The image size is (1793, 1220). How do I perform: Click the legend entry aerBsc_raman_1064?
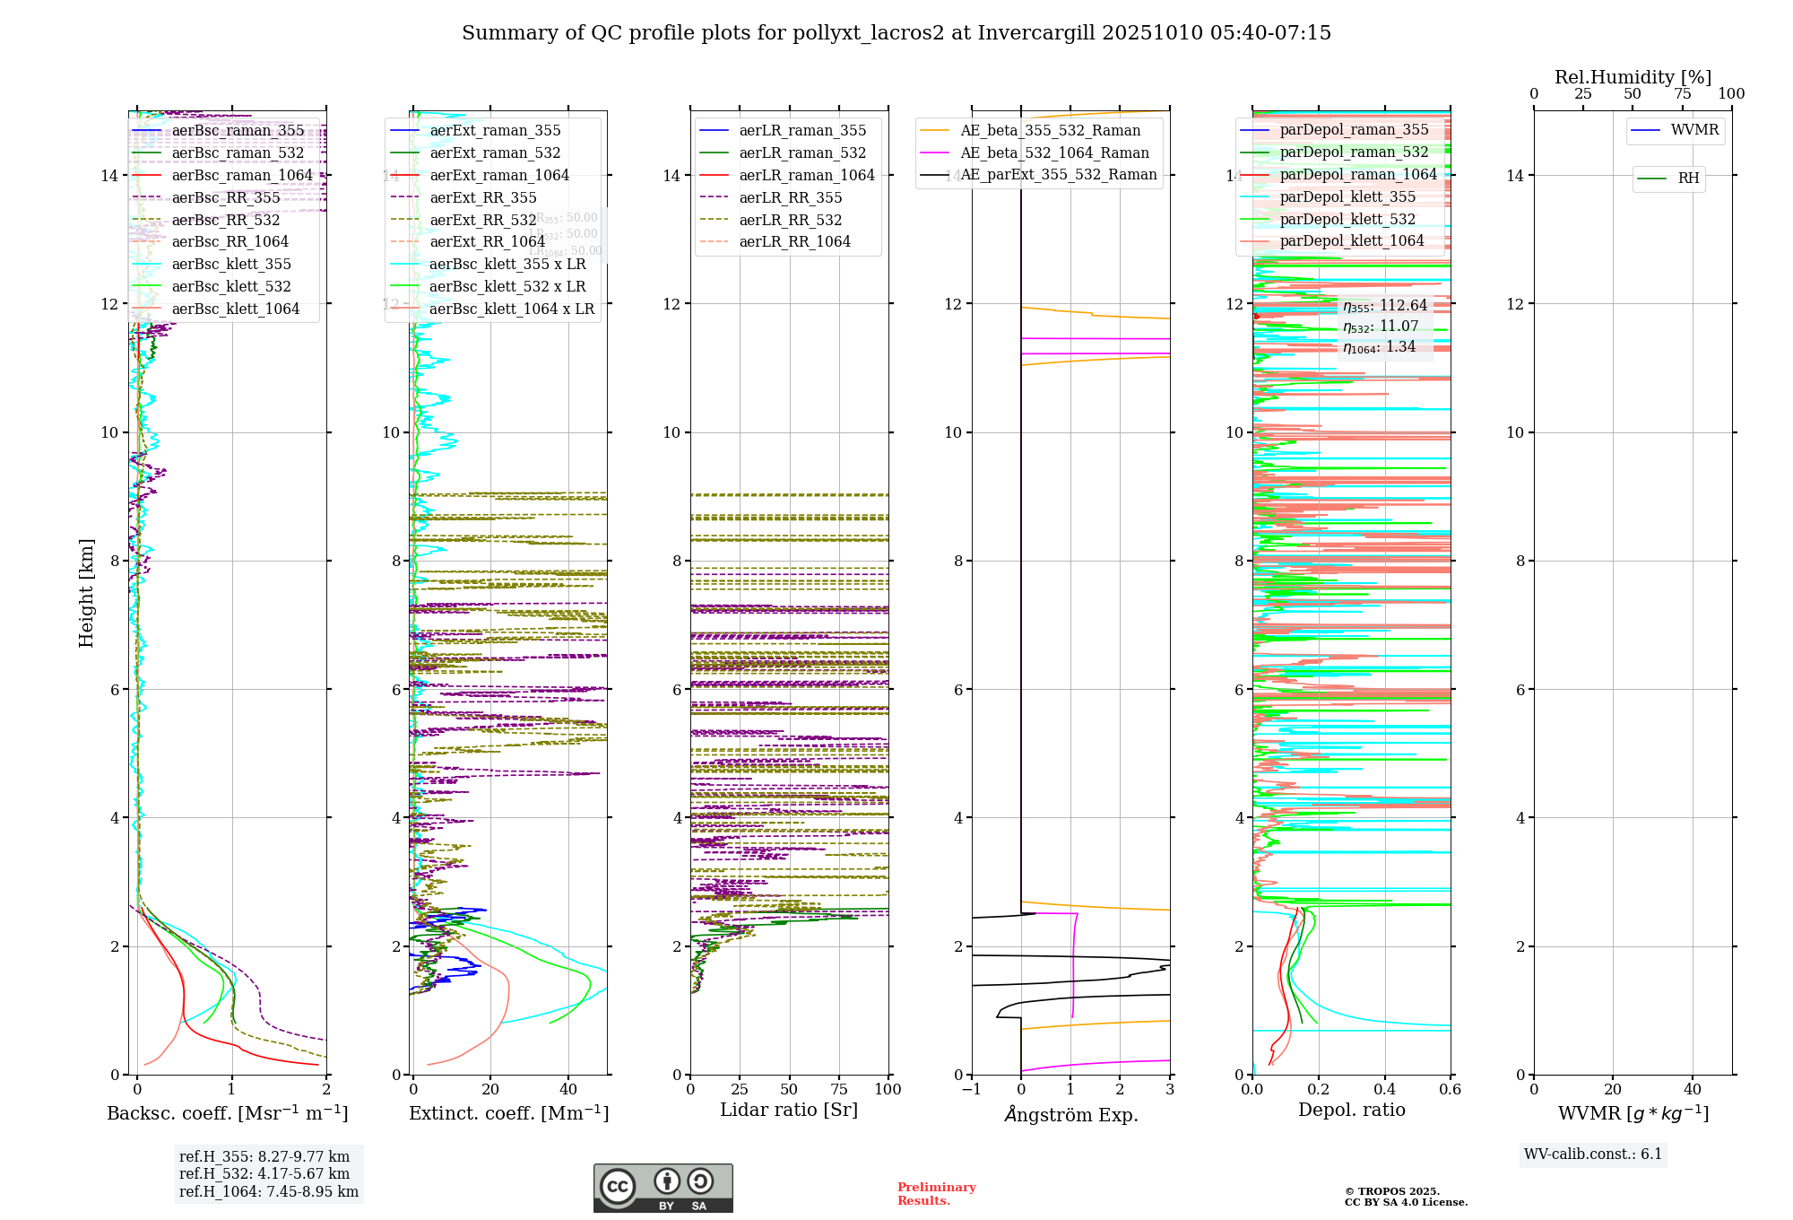242,175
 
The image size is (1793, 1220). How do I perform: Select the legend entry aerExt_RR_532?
482,220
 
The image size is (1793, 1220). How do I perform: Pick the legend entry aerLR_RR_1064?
794,241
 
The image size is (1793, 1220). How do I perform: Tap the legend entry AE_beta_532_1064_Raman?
1054,152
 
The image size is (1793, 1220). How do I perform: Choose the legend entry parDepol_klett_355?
1347,196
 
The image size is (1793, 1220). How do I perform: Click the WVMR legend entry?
1694,130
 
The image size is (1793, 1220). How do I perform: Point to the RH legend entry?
1688,178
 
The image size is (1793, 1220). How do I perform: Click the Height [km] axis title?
86,592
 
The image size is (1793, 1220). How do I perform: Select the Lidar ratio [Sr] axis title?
789,1110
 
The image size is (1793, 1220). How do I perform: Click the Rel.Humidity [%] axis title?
1633,77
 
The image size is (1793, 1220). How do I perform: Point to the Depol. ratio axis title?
1351,1110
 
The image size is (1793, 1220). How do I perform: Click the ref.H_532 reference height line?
264,1173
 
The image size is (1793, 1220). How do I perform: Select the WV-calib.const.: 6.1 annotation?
1593,1154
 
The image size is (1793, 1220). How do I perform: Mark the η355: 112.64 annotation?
1385,306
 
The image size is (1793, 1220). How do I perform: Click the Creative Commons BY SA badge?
663,1188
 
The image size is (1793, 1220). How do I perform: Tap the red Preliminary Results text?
936,1193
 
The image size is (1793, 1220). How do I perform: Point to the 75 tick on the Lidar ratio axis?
839,1089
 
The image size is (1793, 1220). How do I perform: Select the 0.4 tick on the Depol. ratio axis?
1384,1089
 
